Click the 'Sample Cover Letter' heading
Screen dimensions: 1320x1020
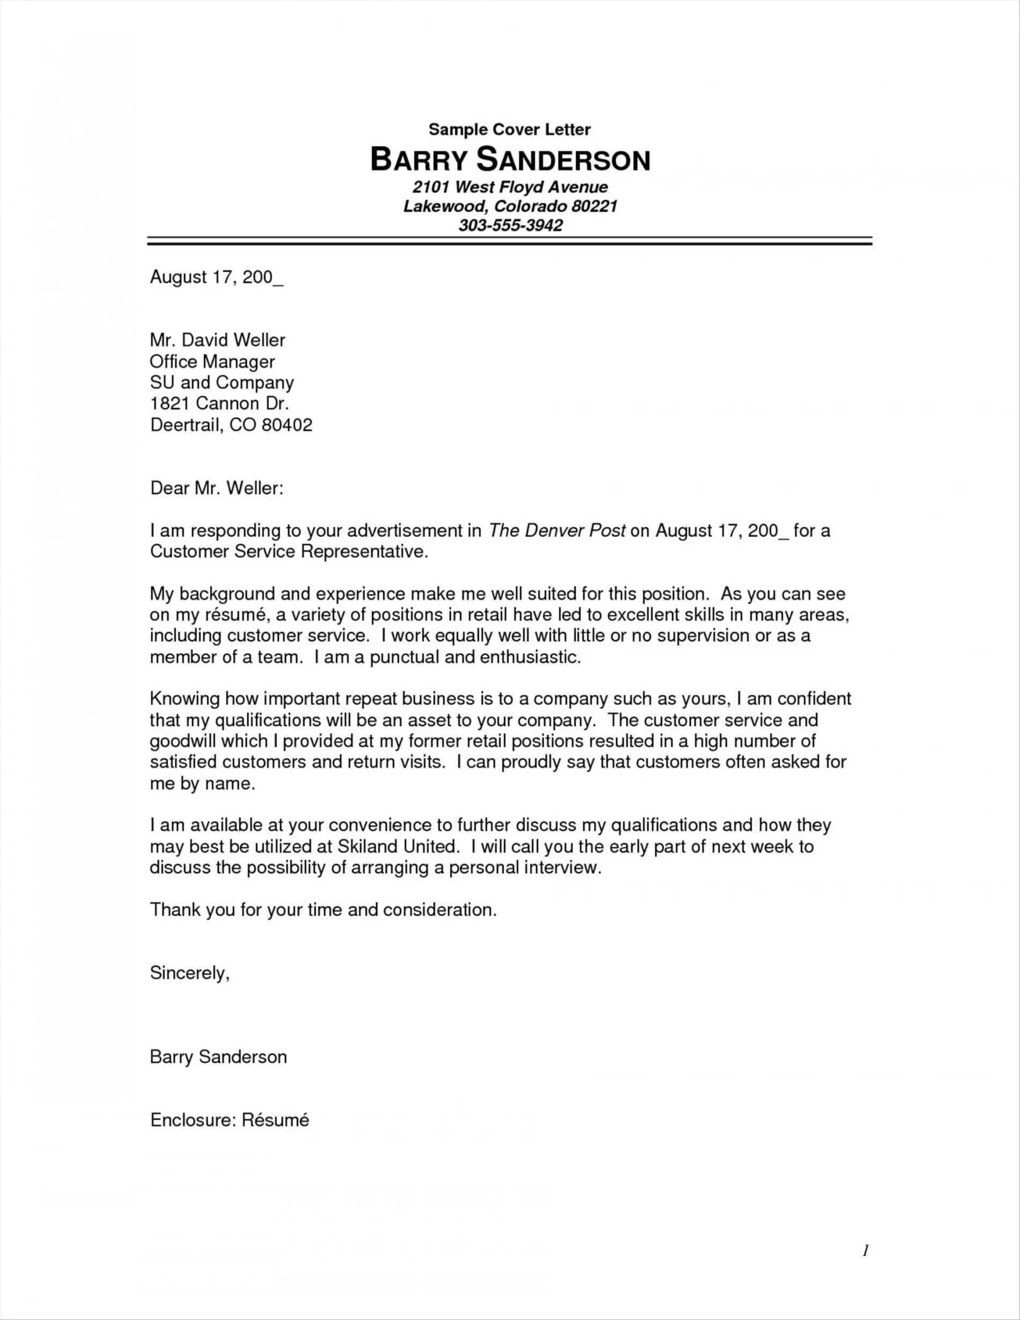tap(509, 130)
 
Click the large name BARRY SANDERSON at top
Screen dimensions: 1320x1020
tap(510, 160)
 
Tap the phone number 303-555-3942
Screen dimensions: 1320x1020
tap(510, 226)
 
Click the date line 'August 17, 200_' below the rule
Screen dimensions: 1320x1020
tap(216, 277)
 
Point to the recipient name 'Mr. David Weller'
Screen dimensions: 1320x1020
tap(217, 341)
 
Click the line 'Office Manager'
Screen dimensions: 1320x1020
tap(212, 362)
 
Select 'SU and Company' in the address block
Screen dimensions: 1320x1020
tap(222, 383)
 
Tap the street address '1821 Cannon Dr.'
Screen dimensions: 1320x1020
tap(219, 404)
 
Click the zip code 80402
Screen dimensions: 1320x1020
tap(287, 425)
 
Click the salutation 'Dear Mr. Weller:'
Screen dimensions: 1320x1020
tap(217, 488)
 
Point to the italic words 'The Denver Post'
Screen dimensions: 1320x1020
tap(557, 531)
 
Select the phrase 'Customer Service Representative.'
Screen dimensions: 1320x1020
tap(289, 552)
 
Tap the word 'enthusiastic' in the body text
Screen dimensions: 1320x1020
tap(529, 657)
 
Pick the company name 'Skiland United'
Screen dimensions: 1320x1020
tap(397, 847)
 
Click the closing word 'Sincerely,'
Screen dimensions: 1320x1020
tap(189, 973)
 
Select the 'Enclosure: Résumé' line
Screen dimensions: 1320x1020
tap(229, 1120)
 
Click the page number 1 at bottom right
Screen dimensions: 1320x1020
tap(865, 1250)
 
